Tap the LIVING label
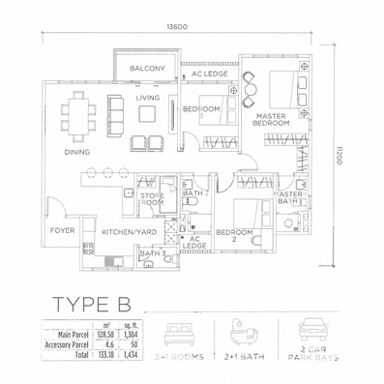(x=147, y=98)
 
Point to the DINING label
(x=78, y=152)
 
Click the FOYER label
(x=64, y=230)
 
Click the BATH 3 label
(x=152, y=254)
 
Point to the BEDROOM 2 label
(x=234, y=236)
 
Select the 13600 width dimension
(x=176, y=27)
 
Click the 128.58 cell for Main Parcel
(x=103, y=333)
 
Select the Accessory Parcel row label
(x=64, y=342)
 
